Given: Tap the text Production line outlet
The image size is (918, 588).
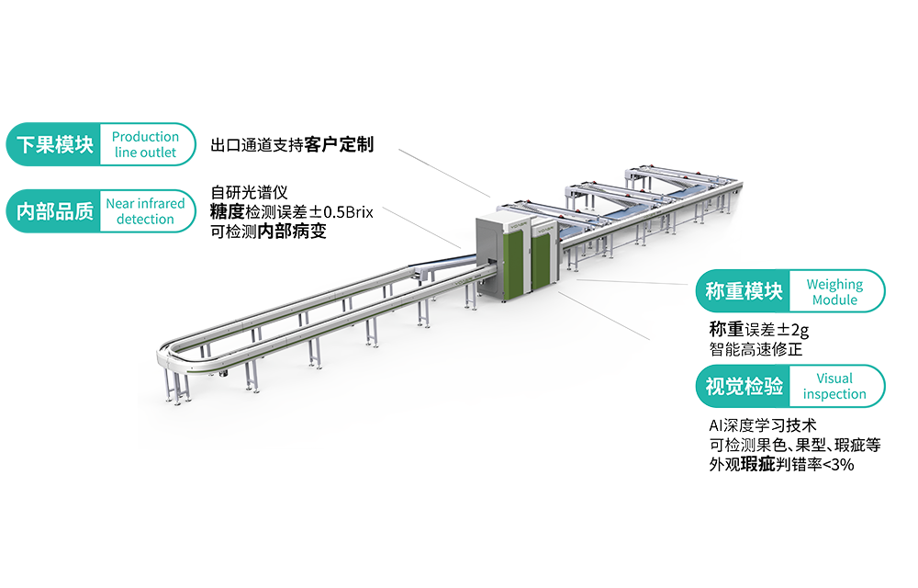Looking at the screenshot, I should [145, 145].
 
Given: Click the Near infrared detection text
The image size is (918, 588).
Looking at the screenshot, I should [145, 211].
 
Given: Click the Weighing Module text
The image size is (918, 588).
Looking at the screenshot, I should [834, 292].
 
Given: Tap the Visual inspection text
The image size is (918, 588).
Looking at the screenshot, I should [834, 387].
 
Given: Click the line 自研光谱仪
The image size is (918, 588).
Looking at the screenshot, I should [249, 193].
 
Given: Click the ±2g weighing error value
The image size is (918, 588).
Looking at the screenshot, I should [790, 329].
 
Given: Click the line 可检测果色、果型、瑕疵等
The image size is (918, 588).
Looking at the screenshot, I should [795, 446].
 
